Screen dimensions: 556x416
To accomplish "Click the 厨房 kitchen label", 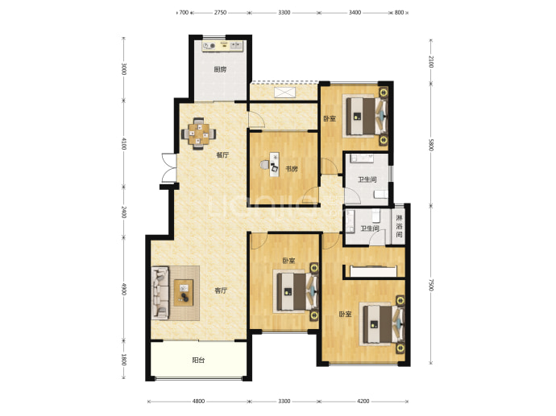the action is (220, 69).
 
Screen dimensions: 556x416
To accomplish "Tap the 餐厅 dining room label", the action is (222, 154).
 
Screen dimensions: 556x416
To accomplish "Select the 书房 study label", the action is (292, 169).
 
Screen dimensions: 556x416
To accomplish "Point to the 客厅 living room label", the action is (221, 290).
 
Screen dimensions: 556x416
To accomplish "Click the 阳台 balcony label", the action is (198, 360).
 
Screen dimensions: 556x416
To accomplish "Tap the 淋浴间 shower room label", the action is (399, 226).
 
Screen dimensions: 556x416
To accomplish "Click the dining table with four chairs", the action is (198, 134).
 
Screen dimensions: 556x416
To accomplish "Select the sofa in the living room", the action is (160, 292).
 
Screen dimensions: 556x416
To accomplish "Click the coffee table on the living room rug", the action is (184, 292).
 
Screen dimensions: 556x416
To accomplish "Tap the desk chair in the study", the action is (264, 165).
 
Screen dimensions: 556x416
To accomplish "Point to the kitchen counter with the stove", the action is (222, 46).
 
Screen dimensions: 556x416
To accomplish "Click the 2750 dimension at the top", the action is (220, 12).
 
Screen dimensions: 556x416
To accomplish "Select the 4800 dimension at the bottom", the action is (198, 402).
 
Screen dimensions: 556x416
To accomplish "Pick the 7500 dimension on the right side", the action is (431, 285).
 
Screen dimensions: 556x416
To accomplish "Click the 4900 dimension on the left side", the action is (124, 289).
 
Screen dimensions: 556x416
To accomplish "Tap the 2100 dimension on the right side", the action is (431, 62).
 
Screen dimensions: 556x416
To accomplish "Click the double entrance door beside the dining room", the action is (169, 167).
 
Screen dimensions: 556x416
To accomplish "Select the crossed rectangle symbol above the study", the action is (284, 93).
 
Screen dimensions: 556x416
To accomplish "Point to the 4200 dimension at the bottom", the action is (363, 402).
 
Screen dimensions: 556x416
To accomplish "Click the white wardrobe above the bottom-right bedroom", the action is (373, 271).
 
